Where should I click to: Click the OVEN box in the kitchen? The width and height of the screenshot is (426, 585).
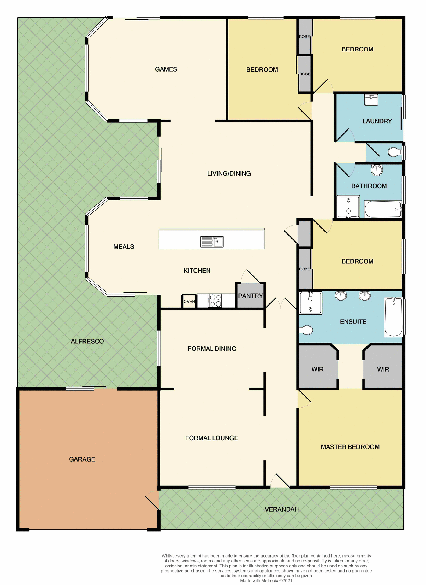189,301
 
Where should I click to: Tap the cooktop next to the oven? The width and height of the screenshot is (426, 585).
215,301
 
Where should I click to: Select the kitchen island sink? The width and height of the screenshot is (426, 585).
212,242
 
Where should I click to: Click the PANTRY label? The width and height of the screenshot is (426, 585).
250,296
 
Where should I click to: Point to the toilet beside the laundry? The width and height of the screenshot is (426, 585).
395,152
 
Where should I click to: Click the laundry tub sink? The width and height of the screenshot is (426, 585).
371,100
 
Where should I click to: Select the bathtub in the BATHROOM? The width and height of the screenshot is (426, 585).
383,209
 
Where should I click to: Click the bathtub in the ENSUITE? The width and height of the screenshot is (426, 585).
393,317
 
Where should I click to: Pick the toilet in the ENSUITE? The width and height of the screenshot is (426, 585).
306,330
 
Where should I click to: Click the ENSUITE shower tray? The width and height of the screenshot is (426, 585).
310,303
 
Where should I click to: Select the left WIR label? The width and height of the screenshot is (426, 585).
317,369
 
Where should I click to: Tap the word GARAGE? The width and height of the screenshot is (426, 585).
82,459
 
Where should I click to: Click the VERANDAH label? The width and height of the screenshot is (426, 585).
281,509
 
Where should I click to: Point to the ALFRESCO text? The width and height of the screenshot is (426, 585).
87,341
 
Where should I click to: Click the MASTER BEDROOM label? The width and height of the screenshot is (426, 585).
350,447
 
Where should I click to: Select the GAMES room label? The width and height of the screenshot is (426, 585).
166,69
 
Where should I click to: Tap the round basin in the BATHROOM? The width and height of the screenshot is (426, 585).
377,170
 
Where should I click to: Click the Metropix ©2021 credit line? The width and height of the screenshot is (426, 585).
266,580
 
